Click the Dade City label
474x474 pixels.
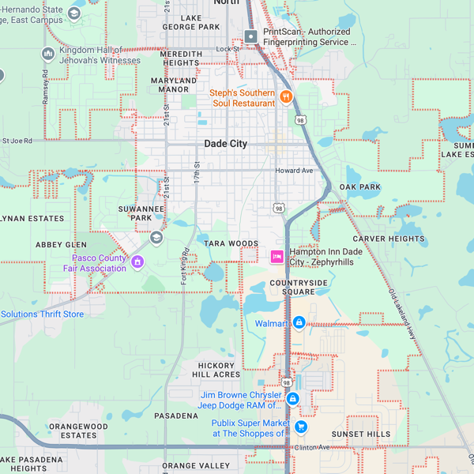(225, 144)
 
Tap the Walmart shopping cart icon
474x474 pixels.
(299, 322)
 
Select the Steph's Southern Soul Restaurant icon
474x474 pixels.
(286, 97)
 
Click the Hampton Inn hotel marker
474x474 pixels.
(276, 256)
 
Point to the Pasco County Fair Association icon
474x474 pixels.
(137, 262)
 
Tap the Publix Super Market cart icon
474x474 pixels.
(300, 427)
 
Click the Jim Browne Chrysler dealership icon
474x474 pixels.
(292, 399)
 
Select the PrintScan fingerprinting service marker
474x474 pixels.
(250, 36)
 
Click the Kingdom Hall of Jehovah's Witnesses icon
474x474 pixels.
(47, 54)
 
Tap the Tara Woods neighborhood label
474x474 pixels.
(231, 243)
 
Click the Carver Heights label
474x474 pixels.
(389, 239)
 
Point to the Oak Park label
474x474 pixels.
(360, 187)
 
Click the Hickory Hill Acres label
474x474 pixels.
(216, 370)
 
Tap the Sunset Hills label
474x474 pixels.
(361, 434)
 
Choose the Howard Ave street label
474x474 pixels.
(294, 171)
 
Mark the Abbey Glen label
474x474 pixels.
(61, 245)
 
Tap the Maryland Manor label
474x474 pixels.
(174, 85)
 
